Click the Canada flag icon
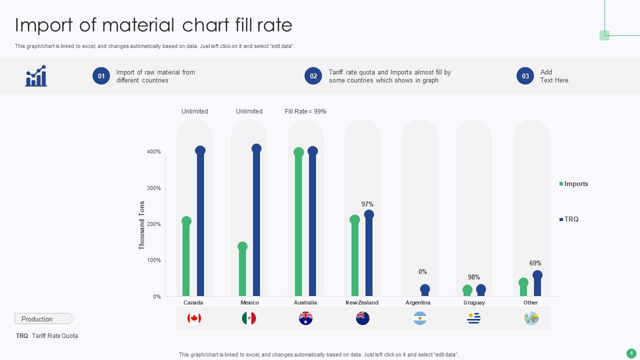point(194,318)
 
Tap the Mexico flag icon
point(248,318)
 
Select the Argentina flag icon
point(420,318)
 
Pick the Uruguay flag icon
point(473,318)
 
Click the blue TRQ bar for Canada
point(200,225)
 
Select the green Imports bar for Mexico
point(242,272)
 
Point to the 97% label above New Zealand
point(367,204)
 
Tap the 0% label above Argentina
point(422,271)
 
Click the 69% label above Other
point(535,263)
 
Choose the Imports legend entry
point(575,184)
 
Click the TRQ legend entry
point(571,219)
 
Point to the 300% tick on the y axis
point(154,188)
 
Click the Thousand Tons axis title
point(142,225)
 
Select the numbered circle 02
point(313,76)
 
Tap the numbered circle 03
point(525,76)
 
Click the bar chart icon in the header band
point(36,76)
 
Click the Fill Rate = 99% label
point(305,111)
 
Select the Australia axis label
point(305,302)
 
